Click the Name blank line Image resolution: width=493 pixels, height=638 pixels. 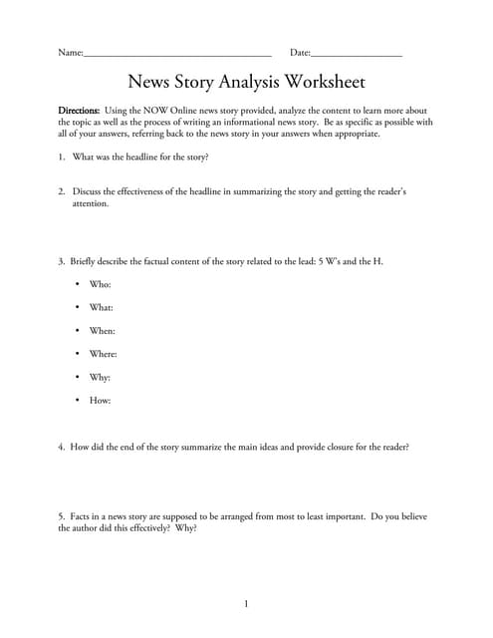click(177, 55)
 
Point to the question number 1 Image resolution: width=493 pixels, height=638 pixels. click(61, 158)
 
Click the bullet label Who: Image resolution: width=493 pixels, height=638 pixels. click(101, 285)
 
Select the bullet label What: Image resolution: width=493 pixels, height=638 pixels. click(102, 308)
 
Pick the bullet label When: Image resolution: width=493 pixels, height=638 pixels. click(103, 331)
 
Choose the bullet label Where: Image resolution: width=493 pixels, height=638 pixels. click(104, 354)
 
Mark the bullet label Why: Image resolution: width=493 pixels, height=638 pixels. click(101, 378)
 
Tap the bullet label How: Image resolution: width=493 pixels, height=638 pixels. click(101, 401)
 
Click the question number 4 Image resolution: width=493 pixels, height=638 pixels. click(61, 448)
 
